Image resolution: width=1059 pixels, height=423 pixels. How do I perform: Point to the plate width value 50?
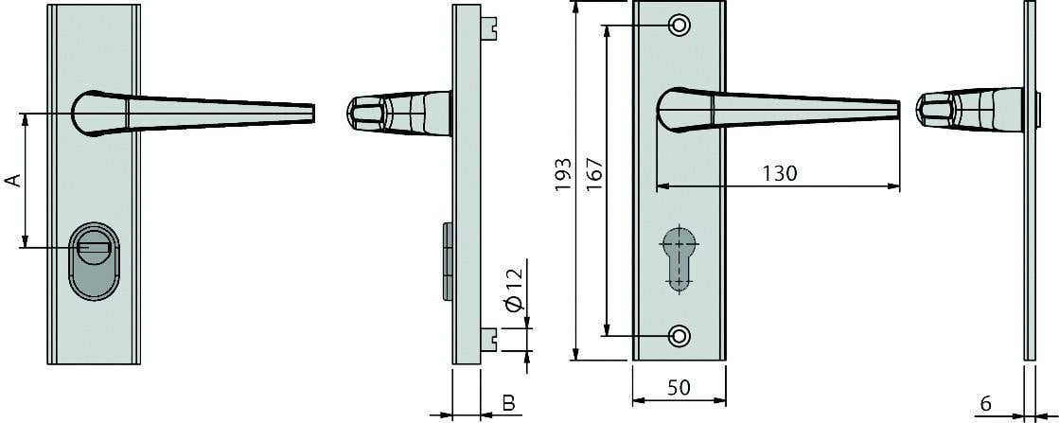point(679,388)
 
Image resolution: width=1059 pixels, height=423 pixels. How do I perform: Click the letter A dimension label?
point(13,181)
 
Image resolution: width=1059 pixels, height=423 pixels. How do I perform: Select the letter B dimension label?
point(508,404)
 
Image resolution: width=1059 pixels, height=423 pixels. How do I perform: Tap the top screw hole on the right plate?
point(679,26)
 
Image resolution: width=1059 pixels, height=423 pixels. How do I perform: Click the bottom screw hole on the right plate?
point(679,335)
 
